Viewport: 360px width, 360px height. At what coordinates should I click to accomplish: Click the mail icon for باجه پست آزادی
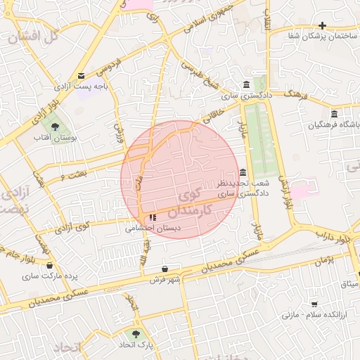click(82, 76)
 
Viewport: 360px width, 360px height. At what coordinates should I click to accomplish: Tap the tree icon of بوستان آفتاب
click(56, 126)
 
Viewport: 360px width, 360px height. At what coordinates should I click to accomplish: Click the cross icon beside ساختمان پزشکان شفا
click(322, 25)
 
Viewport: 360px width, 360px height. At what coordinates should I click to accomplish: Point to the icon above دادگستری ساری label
click(245, 84)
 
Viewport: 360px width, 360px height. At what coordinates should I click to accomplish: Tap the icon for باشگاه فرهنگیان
click(333, 114)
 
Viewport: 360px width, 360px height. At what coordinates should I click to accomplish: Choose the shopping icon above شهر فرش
click(165, 269)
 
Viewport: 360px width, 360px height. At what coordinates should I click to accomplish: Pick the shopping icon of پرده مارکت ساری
click(49, 265)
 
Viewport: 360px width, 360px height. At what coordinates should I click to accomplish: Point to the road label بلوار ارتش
click(285, 195)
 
